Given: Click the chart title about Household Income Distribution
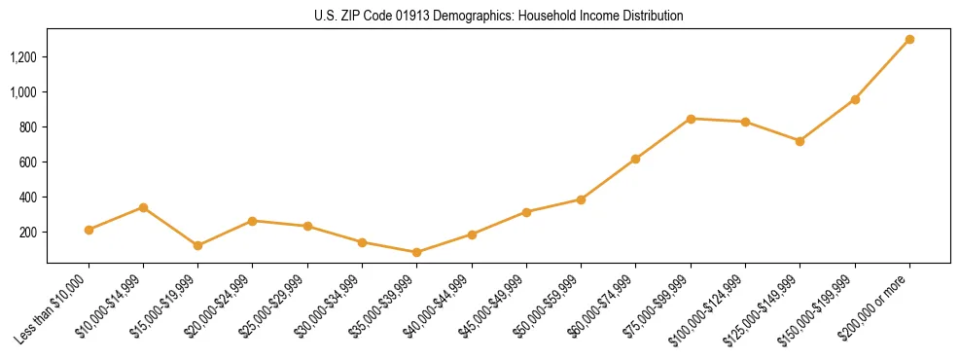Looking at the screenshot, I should (x=498, y=17).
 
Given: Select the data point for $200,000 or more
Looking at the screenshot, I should (x=909, y=40).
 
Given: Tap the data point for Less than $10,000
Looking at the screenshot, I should (x=89, y=230).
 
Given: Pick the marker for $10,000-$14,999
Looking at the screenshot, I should (x=143, y=207).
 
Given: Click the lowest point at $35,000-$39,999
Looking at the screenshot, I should (x=417, y=252).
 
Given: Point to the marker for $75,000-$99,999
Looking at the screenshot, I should (x=691, y=119).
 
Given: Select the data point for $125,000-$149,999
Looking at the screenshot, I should (x=800, y=141).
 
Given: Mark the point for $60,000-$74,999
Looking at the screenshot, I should (x=635, y=159).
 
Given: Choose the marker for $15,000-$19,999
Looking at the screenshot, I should (x=197, y=245).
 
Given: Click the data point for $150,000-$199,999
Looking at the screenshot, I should (x=855, y=99).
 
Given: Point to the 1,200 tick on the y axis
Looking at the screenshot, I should (x=22, y=57).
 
